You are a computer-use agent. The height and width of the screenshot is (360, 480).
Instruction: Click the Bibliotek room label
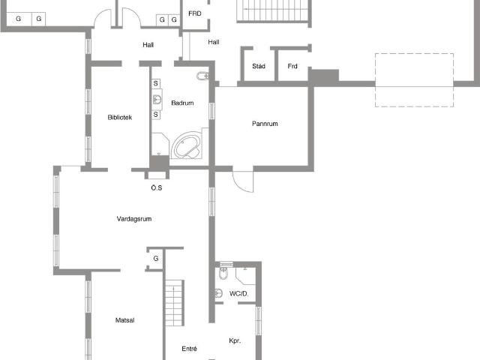click(x=120, y=117)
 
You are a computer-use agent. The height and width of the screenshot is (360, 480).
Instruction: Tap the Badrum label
click(x=182, y=103)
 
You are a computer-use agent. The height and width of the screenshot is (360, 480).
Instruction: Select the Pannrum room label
click(x=265, y=124)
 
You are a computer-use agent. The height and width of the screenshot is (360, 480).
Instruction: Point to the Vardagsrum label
click(x=134, y=219)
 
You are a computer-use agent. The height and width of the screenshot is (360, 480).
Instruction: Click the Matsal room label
click(x=125, y=320)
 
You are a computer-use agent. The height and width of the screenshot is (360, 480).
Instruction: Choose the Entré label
click(x=189, y=349)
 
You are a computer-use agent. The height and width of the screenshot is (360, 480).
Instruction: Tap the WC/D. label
click(x=238, y=293)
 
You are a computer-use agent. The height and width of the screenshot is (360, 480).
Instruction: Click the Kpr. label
click(x=235, y=340)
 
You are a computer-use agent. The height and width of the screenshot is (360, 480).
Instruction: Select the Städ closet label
click(x=259, y=66)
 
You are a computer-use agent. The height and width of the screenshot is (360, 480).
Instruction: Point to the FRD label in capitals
click(x=195, y=13)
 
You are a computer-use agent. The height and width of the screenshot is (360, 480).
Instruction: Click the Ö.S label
click(x=157, y=187)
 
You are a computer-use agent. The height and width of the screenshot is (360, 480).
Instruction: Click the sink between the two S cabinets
click(x=157, y=99)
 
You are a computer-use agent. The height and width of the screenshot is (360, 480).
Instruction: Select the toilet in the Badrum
click(x=202, y=76)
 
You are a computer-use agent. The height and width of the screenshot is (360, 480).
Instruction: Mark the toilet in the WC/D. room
click(x=223, y=273)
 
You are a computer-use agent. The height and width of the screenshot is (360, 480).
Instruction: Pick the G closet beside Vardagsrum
click(x=156, y=259)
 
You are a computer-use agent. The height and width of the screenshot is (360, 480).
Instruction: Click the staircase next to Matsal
click(x=174, y=303)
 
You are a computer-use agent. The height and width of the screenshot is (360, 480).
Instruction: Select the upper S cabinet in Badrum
click(x=156, y=83)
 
